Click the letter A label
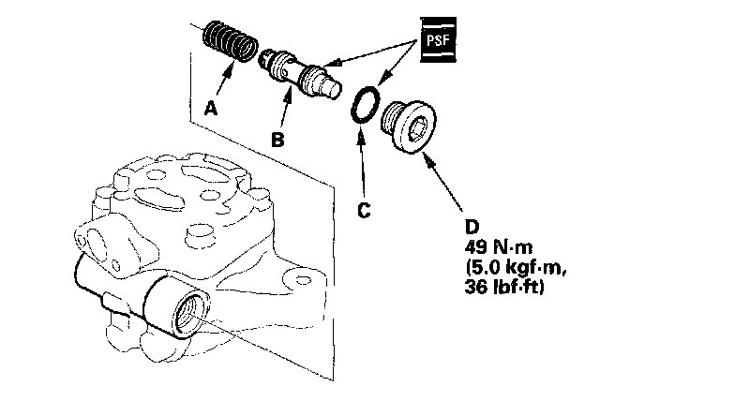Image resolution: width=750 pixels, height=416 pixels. tap(211, 109)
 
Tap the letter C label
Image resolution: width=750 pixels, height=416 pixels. tap(364, 210)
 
